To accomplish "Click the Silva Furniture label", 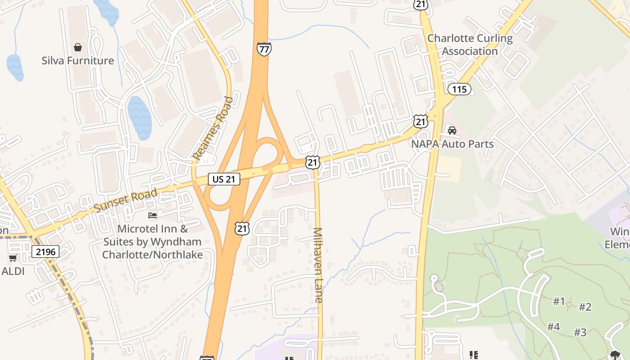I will pos(78,61).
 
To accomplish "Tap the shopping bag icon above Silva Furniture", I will pos(78,47).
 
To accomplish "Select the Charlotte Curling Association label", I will pos(470,45).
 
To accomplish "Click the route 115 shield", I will pos(459,89).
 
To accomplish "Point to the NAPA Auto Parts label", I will pos(452,144).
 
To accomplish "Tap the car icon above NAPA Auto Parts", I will pos(452,130).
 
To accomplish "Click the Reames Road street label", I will pos(213,128).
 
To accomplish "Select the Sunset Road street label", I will pos(126,201).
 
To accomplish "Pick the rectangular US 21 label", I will pos(224,179).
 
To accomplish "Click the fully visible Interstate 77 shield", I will pos(264,49).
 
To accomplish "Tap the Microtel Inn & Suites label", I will pos(152,242).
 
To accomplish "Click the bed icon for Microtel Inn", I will pos(153,216).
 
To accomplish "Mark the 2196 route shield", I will pos(45,252).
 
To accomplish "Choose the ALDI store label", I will pos(13,271).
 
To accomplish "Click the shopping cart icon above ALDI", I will pos(13,258).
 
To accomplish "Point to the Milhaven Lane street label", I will pos(318,265).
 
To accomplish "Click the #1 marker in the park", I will pos(559,301).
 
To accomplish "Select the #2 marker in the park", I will pos(585,307).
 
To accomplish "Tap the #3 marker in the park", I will pos(580,332).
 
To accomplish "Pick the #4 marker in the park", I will pos(553,327).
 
